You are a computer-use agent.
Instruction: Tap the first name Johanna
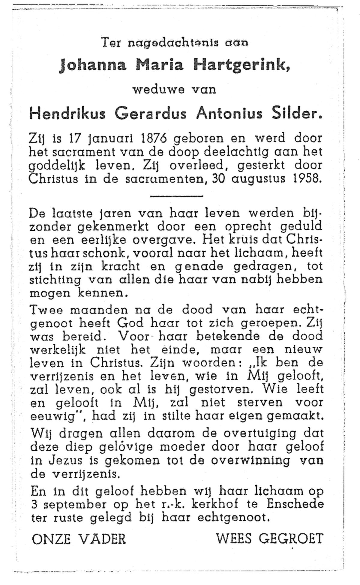(93, 65)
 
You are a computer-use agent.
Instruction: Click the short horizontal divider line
(176, 196)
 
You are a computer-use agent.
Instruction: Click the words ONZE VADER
(79, 539)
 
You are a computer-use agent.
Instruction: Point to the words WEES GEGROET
(269, 538)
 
